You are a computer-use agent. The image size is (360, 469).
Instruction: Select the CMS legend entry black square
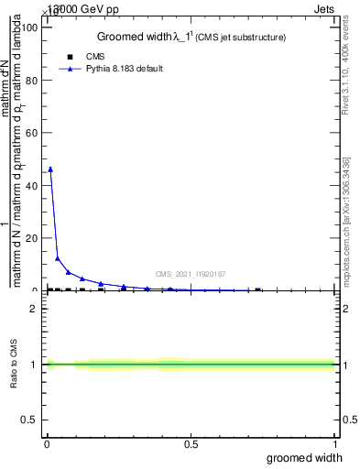pyautogui.click(x=70, y=56)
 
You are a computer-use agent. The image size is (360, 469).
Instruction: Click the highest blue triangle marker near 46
pyautogui.click(x=50, y=169)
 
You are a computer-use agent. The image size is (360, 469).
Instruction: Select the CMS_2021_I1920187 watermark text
pyautogui.click(x=191, y=274)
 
